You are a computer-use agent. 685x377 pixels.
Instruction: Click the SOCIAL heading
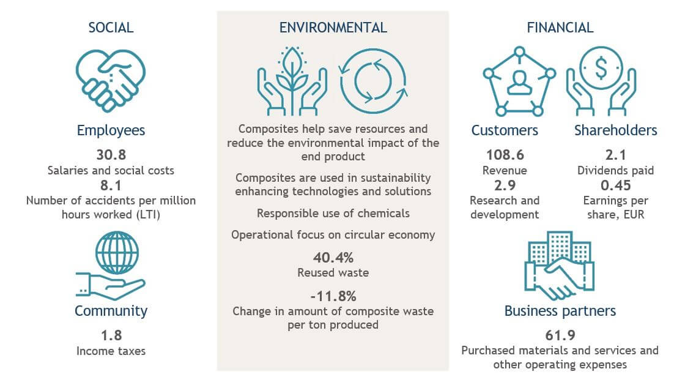click(x=111, y=28)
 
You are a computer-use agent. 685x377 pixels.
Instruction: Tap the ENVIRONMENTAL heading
click(x=333, y=28)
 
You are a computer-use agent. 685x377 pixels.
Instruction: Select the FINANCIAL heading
click(x=560, y=28)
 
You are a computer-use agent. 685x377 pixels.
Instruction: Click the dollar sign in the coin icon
click(x=601, y=68)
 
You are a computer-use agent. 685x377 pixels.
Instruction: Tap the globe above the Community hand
click(x=117, y=253)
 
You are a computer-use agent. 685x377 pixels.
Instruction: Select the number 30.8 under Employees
click(x=111, y=155)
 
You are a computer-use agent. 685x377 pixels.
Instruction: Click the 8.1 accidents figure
click(x=111, y=185)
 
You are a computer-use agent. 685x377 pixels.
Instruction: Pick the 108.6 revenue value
click(x=505, y=155)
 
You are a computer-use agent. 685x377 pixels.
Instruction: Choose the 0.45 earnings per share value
click(x=615, y=185)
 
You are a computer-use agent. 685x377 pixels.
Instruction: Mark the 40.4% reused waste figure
click(x=333, y=258)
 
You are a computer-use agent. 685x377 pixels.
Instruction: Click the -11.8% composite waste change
click(x=333, y=297)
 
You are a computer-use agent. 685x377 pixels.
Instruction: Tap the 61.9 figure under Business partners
click(x=560, y=335)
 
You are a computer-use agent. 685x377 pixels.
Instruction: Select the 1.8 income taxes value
click(x=111, y=335)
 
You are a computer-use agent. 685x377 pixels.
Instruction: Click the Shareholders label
click(x=615, y=130)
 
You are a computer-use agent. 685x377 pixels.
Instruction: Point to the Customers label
click(x=505, y=130)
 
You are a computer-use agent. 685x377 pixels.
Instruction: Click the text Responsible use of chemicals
click(x=333, y=214)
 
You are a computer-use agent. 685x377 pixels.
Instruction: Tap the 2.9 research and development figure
click(x=505, y=185)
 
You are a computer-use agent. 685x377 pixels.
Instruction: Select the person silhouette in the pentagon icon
click(x=519, y=83)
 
